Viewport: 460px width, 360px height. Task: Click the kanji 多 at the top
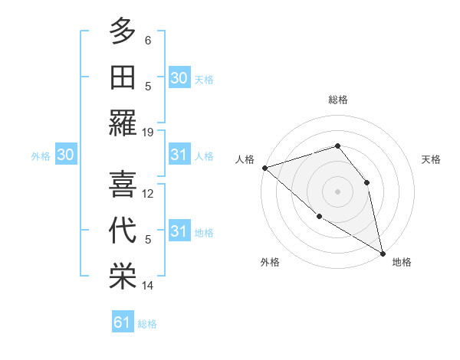(123, 33)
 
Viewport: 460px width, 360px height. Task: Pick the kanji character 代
(123, 232)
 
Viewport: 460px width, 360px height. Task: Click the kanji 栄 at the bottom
(123, 278)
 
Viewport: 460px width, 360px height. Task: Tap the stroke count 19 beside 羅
(148, 132)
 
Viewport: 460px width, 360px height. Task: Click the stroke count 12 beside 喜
(148, 193)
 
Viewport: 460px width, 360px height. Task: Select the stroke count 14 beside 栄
(148, 286)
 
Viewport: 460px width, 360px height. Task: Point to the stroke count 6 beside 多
(148, 40)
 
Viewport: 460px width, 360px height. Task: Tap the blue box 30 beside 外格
(66, 155)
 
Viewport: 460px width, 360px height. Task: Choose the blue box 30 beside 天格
(179, 78)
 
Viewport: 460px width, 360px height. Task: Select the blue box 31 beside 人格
(179, 155)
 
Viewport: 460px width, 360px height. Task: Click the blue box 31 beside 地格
(179, 231)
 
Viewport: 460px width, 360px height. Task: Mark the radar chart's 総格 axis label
(337, 100)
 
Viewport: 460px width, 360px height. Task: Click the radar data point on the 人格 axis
(264, 168)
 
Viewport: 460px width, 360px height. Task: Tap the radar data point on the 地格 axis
(383, 253)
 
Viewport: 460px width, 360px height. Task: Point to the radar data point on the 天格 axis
(366, 182)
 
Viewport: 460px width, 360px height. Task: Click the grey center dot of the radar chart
(337, 191)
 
